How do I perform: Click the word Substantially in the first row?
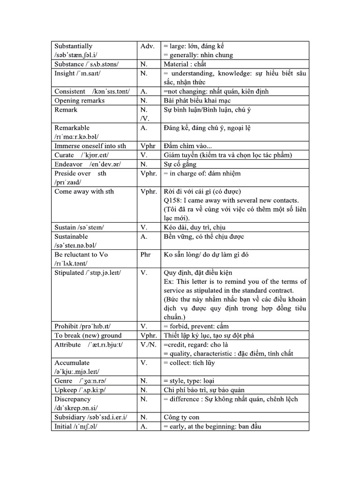[x=74, y=46]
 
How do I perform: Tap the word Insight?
[x=65, y=73]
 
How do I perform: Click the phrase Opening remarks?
[x=80, y=100]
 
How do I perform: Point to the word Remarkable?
[x=72, y=127]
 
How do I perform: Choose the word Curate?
[x=64, y=155]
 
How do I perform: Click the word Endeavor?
[x=68, y=164]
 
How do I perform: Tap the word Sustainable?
[x=71, y=236]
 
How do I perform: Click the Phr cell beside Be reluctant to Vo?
[x=145, y=255]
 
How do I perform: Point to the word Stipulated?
[x=68, y=272]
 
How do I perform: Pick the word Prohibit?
[x=66, y=326]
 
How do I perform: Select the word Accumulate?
[x=72, y=362]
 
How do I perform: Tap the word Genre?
[x=63, y=381]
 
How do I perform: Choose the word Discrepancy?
[x=74, y=399]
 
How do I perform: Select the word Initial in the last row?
[x=63, y=426]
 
